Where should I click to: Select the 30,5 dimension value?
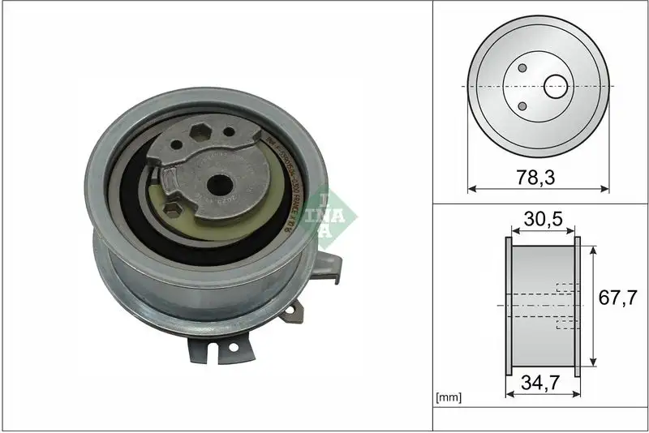(543, 219)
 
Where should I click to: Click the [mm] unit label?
(449, 397)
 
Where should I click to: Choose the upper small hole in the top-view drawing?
(522, 68)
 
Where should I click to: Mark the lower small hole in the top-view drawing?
(522, 105)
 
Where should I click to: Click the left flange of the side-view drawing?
(508, 306)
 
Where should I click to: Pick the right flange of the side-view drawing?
(578, 306)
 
